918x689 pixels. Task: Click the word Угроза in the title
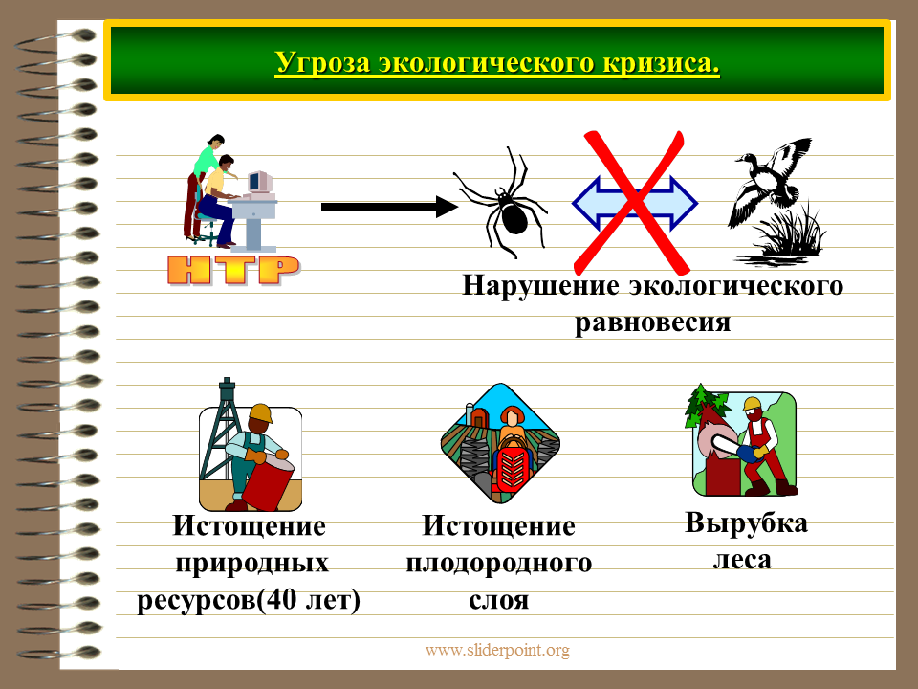click(322, 63)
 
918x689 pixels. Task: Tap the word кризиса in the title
click(661, 63)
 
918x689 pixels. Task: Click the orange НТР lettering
click(233, 270)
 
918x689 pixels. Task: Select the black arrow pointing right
click(389, 207)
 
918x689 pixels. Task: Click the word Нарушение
click(540, 286)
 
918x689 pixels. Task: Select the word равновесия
click(653, 322)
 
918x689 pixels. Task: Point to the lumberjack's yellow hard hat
click(752, 404)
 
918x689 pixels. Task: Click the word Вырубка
click(746, 523)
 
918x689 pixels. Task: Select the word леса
click(742, 560)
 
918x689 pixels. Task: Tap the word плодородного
click(499, 563)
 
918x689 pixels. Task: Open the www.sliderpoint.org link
click(497, 650)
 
